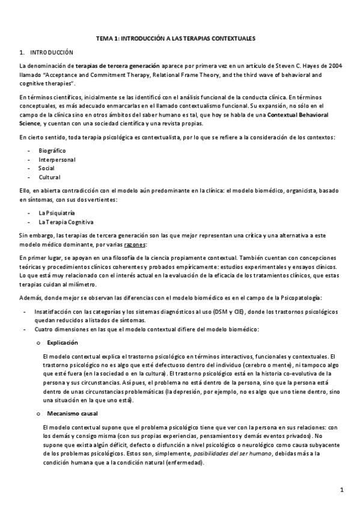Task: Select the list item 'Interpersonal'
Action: (56, 159)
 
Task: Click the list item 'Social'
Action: (46, 168)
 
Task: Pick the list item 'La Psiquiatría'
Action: (57, 213)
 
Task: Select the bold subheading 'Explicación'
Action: (63, 342)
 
